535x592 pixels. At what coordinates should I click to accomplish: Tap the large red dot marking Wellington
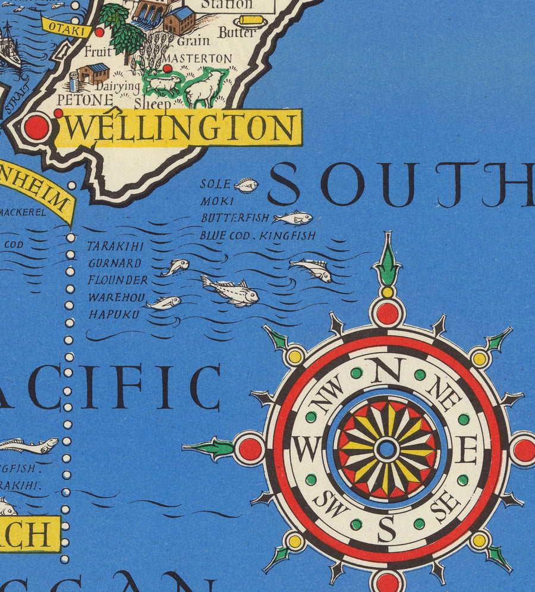click(x=36, y=127)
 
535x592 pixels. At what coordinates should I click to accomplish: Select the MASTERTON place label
click(x=197, y=58)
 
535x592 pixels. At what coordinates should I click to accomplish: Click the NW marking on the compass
click(x=331, y=395)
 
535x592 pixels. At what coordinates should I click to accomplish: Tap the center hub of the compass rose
click(x=387, y=449)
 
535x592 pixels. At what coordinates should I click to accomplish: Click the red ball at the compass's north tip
click(x=387, y=313)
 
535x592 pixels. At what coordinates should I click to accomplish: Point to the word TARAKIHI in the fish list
click(x=115, y=246)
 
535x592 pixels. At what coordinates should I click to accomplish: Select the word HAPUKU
click(x=114, y=314)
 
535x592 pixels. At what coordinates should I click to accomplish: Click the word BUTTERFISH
click(x=235, y=218)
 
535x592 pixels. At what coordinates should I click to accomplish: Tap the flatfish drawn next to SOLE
click(x=246, y=185)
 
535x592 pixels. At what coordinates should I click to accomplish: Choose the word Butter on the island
click(x=236, y=33)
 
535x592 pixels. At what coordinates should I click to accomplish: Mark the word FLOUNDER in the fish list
click(x=118, y=280)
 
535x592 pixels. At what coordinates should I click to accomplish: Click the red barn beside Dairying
click(x=93, y=74)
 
